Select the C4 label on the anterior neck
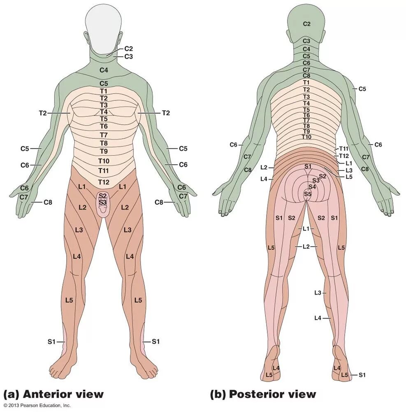click(x=104, y=70)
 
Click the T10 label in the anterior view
click(x=104, y=160)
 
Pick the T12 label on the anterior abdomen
click(x=104, y=182)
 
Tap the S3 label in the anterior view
click(x=103, y=202)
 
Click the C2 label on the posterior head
click(x=306, y=24)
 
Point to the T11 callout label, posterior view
click(x=344, y=148)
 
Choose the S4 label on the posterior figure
click(x=312, y=187)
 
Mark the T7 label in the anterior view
click(x=104, y=135)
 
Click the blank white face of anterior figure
click(x=104, y=29)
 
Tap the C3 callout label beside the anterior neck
click(x=129, y=56)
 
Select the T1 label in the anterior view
click(x=104, y=91)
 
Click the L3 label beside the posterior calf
click(x=318, y=293)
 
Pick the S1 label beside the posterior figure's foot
click(x=362, y=375)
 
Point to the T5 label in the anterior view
click(x=104, y=119)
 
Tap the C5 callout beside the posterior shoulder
click(x=362, y=89)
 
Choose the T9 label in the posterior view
click(x=306, y=131)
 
